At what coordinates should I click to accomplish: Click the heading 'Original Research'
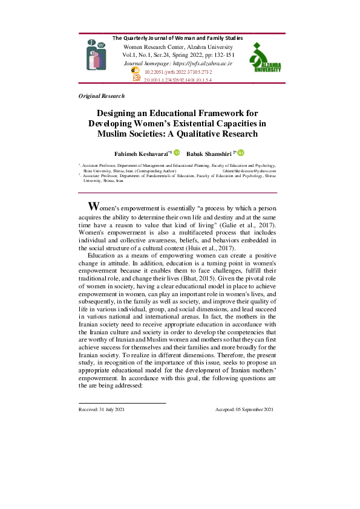coord(102,96)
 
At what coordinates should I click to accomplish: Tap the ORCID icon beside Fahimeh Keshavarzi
coord(177,154)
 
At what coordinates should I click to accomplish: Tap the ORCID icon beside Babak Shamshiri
coord(241,154)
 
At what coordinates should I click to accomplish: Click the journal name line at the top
coord(178,38)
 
